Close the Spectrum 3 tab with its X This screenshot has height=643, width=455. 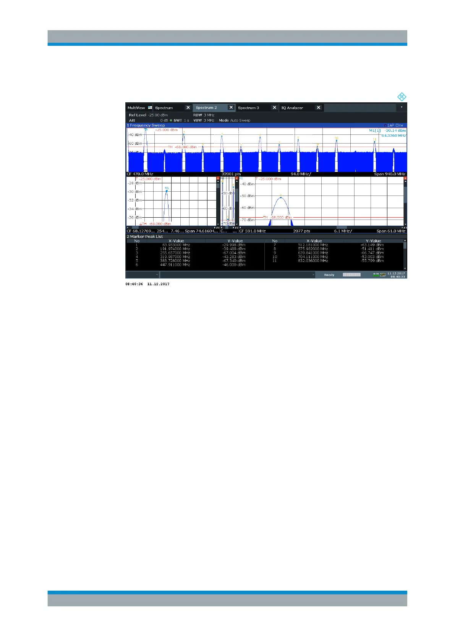point(274,108)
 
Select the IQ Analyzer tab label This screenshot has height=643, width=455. point(292,108)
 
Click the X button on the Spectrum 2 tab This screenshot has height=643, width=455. point(231,108)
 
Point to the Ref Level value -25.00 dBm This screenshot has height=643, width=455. point(158,115)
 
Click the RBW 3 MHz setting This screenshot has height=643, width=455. point(204,115)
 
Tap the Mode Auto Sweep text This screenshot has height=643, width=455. point(235,120)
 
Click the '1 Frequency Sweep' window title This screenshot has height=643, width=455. point(146,125)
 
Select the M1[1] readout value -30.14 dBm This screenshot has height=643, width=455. point(395,131)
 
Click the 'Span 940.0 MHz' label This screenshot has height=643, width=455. point(390,174)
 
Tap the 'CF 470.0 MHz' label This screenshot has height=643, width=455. point(140,174)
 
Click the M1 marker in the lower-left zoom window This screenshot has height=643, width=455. point(167,190)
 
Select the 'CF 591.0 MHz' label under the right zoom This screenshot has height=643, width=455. point(252,231)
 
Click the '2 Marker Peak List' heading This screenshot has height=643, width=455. point(145,236)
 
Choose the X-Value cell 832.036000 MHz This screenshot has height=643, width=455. point(313,261)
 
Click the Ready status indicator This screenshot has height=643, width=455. point(329,275)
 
